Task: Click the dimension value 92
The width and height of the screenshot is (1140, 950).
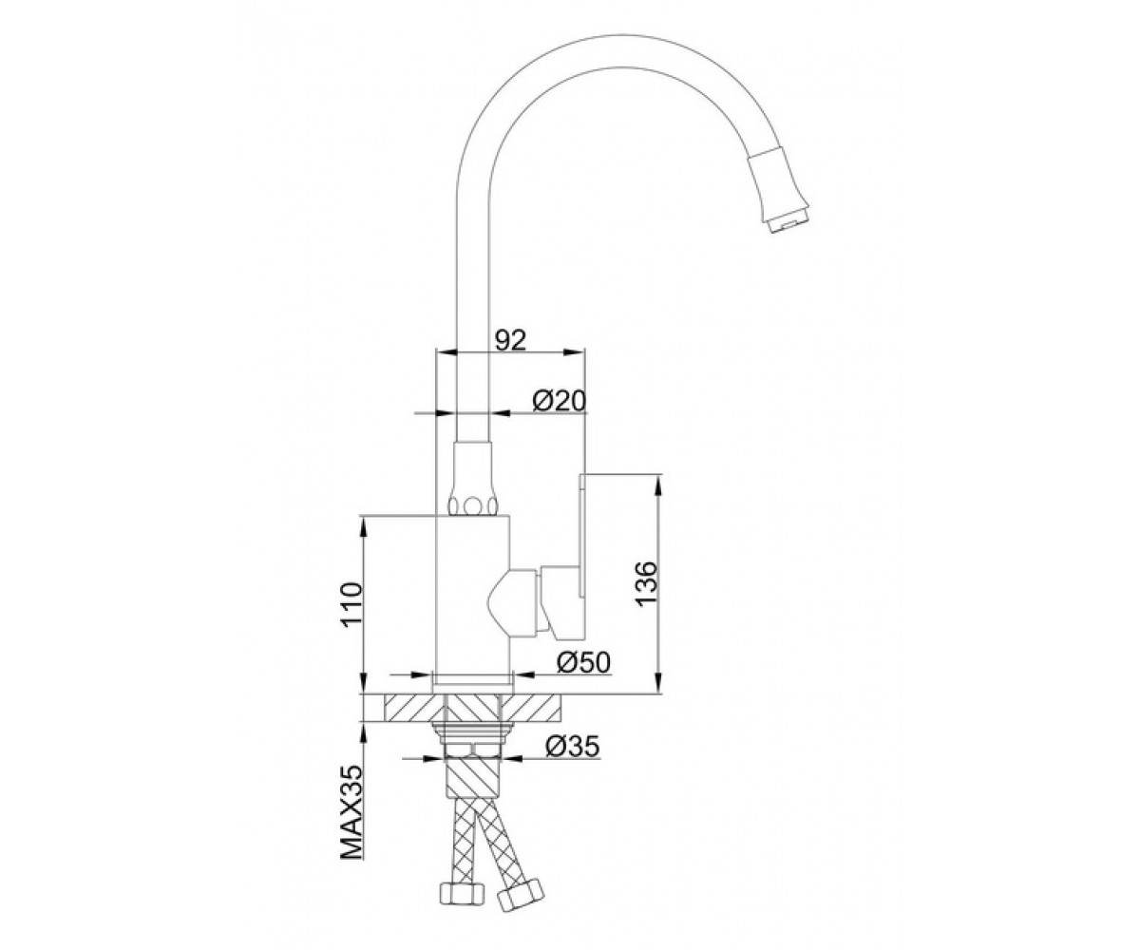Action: click(510, 341)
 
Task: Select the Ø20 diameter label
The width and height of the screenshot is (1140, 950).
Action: click(558, 401)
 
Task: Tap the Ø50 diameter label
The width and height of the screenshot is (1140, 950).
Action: click(582, 663)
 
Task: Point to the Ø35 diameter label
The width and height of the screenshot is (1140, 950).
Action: click(572, 747)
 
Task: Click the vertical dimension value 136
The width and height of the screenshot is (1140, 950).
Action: click(648, 582)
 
